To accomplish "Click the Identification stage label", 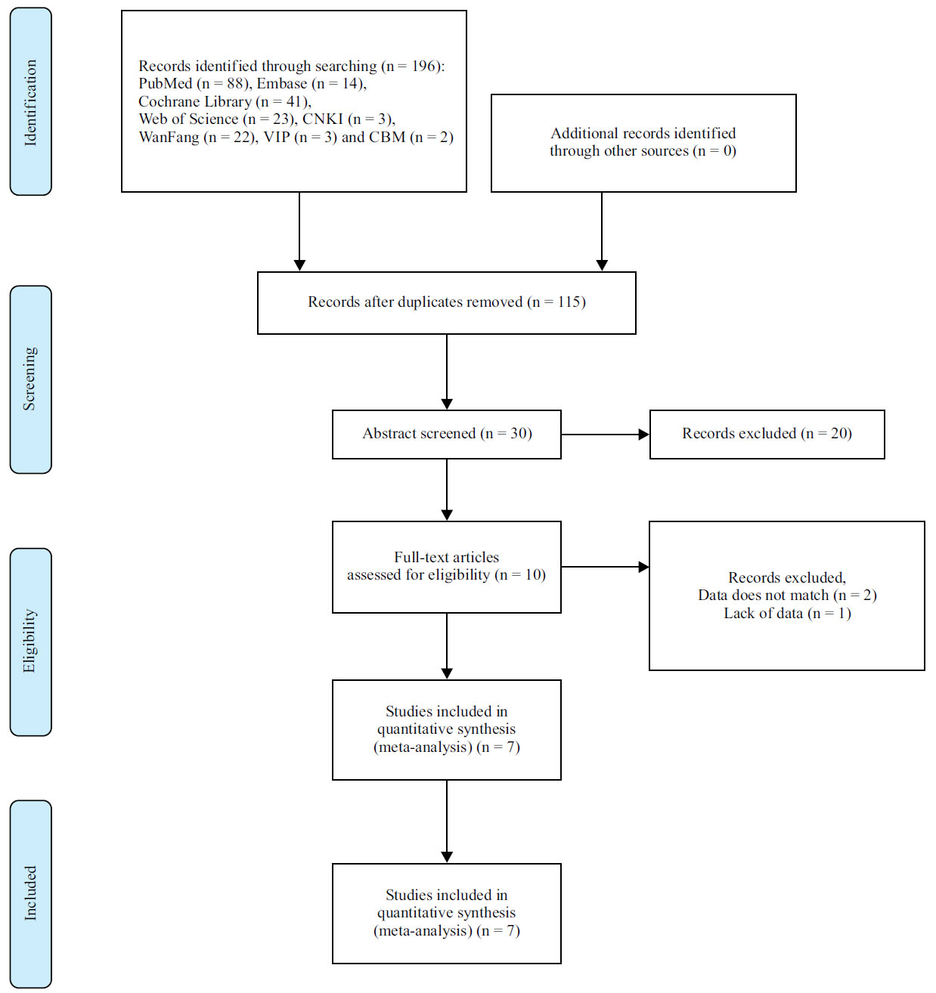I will point(30,102).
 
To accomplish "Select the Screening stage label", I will point(30,379).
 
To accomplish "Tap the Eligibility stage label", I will point(30,642).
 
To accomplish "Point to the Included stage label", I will point(30,893).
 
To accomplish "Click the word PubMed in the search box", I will point(165,84).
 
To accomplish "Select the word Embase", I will point(281,84).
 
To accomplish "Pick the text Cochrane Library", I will point(194,102).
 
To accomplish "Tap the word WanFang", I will point(169,138).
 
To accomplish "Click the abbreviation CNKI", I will point(323,119).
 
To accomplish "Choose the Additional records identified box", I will point(643,143).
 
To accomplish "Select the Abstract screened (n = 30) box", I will point(447,434).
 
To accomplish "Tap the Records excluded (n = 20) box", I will point(767,434).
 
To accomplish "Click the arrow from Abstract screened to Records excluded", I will point(605,435).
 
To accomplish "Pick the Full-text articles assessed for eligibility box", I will point(447,566).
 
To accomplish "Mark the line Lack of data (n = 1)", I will point(787,614).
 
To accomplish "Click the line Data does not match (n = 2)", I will point(787,595).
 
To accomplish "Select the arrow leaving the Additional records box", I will point(602,230).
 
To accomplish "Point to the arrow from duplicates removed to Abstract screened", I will point(447,372).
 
